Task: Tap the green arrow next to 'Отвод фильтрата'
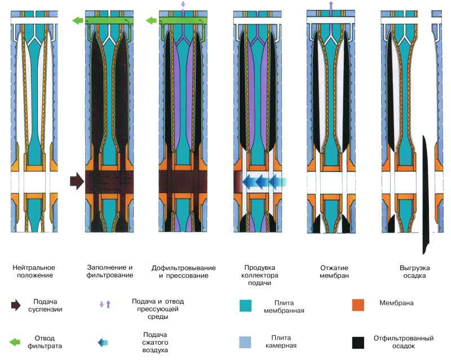coord(16,342)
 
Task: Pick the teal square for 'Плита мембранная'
coord(246,305)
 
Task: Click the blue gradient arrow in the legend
coord(102,342)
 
